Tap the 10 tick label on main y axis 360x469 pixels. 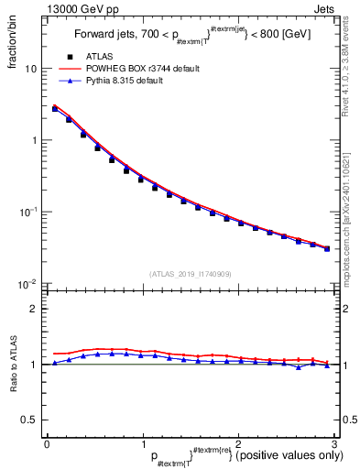pos(31,70)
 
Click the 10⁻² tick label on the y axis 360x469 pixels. pos(27,283)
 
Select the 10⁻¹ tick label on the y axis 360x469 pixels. pos(27,212)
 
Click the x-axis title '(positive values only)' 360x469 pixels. pos(288,455)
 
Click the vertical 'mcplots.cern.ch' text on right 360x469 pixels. pos(350,220)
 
